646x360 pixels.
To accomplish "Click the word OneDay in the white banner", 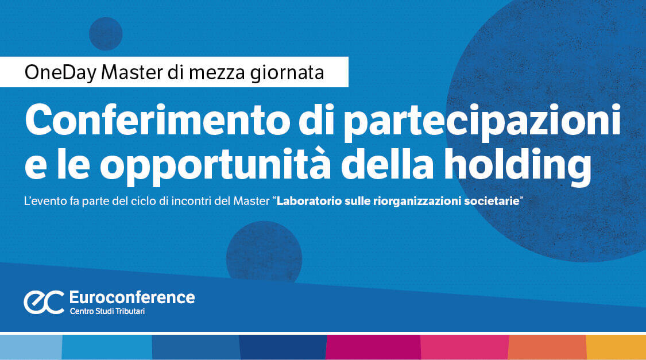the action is click(x=60, y=72).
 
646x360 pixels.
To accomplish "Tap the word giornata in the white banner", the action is click(x=287, y=73).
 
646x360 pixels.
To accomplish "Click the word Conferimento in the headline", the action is click(x=158, y=120).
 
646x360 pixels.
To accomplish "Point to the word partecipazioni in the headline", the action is click(x=482, y=122).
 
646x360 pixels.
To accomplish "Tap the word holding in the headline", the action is click(x=517, y=164).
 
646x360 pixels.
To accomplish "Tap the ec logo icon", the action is click(x=44, y=302).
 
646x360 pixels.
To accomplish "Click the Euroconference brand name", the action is click(x=132, y=297).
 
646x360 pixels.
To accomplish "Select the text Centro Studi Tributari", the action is click(x=107, y=311).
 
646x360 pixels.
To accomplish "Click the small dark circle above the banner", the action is click(x=106, y=34).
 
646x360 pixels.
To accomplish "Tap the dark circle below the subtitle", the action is click(x=264, y=251).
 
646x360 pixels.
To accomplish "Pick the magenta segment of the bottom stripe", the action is click(x=373, y=347).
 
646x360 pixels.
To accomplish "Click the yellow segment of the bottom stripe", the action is click(x=616, y=347).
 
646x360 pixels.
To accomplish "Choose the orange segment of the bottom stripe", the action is click(x=547, y=347).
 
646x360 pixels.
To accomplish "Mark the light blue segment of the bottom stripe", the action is click(x=32, y=347).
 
